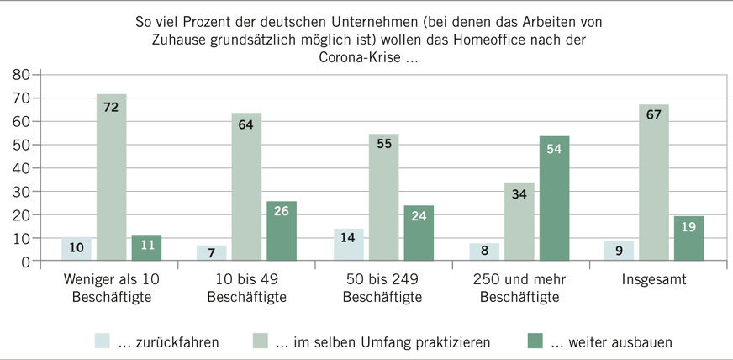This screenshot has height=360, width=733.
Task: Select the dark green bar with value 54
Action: (554, 199)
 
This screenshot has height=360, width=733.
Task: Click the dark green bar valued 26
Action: (282, 231)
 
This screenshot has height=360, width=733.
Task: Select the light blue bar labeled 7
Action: (211, 253)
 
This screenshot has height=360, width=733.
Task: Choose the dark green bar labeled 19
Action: (688, 239)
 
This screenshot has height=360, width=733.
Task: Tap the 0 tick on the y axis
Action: (26, 262)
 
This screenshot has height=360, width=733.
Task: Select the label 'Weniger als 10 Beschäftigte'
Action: (111, 288)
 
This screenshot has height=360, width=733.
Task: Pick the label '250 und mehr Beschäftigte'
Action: (519, 288)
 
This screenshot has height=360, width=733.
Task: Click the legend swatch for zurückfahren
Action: (102, 341)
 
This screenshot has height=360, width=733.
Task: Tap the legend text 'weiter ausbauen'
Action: (611, 342)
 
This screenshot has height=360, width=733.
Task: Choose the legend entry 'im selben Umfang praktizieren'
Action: (387, 342)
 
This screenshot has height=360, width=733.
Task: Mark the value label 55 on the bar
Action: (384, 144)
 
